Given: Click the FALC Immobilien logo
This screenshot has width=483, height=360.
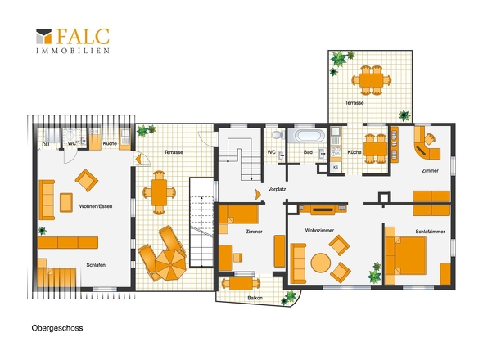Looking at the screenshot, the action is click(x=73, y=41).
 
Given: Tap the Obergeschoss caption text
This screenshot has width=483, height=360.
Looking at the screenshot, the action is click(x=57, y=328).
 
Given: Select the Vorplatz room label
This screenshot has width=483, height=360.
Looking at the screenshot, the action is click(x=277, y=189).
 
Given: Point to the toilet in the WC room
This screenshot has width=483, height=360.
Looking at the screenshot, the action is click(x=278, y=134).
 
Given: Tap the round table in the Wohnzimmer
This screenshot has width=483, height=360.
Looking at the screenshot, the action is click(x=321, y=263).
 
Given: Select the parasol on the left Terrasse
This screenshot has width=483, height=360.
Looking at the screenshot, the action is click(x=170, y=264).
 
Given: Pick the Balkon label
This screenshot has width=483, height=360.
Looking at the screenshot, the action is click(x=255, y=298).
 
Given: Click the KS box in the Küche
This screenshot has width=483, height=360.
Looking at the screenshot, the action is click(x=336, y=167).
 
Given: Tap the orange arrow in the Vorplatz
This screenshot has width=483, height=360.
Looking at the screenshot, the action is click(x=258, y=195).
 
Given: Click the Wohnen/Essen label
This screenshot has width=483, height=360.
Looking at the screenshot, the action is click(x=96, y=206).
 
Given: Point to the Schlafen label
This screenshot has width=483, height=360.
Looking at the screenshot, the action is click(x=96, y=265).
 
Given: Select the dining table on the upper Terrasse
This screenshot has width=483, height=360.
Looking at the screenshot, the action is click(x=372, y=80).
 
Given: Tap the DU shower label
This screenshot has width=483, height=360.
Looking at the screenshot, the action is click(x=46, y=145).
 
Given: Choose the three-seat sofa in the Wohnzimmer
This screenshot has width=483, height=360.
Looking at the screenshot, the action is click(x=298, y=263).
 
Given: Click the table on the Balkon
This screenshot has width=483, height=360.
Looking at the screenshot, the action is click(x=241, y=283).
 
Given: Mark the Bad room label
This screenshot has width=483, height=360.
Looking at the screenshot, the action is click(x=308, y=152).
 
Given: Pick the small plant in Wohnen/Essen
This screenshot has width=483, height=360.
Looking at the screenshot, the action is click(x=43, y=231).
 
